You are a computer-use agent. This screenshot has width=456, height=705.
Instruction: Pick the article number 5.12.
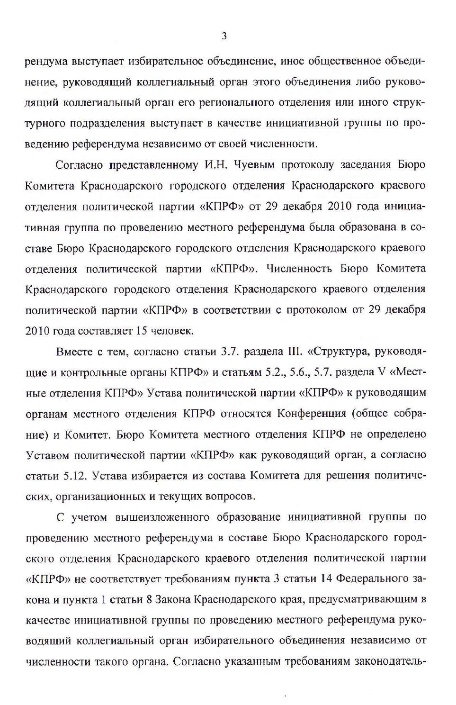coord(75,476)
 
